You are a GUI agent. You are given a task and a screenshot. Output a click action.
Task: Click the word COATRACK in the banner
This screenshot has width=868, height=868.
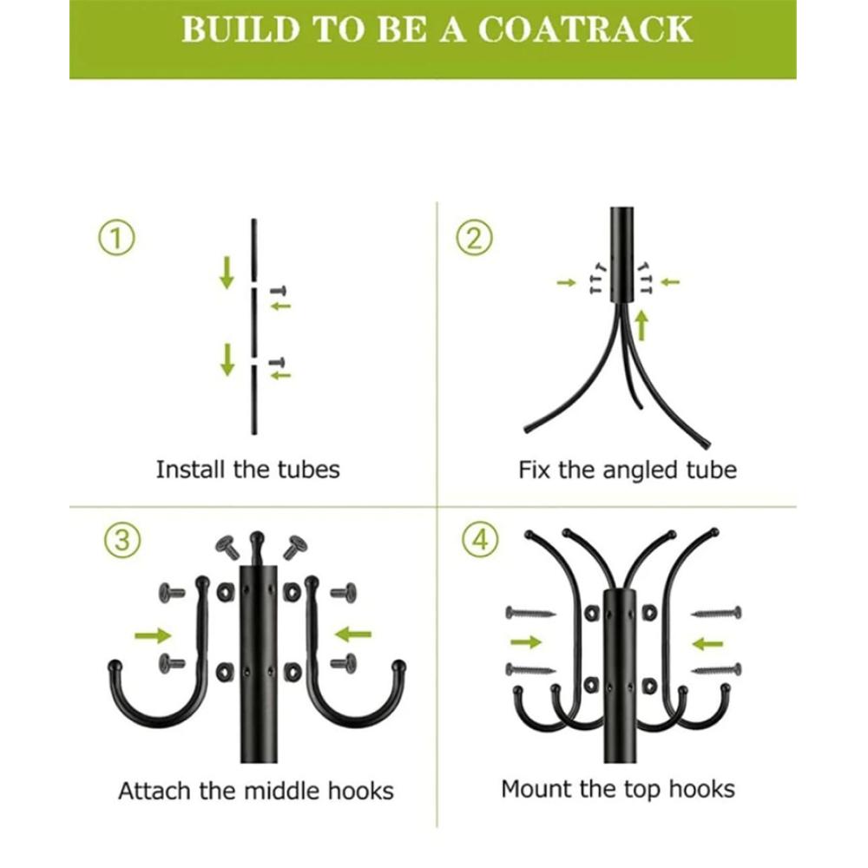point(585,30)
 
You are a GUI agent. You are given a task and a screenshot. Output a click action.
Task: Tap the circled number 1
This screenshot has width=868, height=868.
point(116,238)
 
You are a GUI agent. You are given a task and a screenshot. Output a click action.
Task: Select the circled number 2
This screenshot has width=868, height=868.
point(474,238)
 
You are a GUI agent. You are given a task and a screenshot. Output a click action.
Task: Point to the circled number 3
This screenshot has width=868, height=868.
point(122,540)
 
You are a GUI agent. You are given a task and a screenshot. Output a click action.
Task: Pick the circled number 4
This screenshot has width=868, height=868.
point(480,540)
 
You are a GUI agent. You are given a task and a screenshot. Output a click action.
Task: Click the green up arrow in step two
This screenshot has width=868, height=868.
point(641,325)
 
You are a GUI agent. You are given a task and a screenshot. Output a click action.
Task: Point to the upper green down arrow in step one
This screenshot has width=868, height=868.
point(227,273)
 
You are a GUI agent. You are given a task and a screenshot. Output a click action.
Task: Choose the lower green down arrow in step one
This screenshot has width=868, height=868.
point(227,360)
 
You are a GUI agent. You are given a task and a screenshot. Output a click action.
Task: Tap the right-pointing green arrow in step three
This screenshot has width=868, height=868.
point(153,635)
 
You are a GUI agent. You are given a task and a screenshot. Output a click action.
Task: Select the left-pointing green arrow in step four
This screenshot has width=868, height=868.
point(708,644)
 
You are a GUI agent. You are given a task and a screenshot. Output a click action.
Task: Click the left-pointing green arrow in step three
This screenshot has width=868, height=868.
point(354,635)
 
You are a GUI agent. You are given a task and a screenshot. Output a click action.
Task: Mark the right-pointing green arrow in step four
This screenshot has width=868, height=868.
point(526,642)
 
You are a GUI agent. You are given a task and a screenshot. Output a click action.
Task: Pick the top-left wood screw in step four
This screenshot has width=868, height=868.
point(530,613)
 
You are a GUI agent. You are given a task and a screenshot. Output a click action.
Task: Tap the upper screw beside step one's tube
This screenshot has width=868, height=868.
point(279,291)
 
